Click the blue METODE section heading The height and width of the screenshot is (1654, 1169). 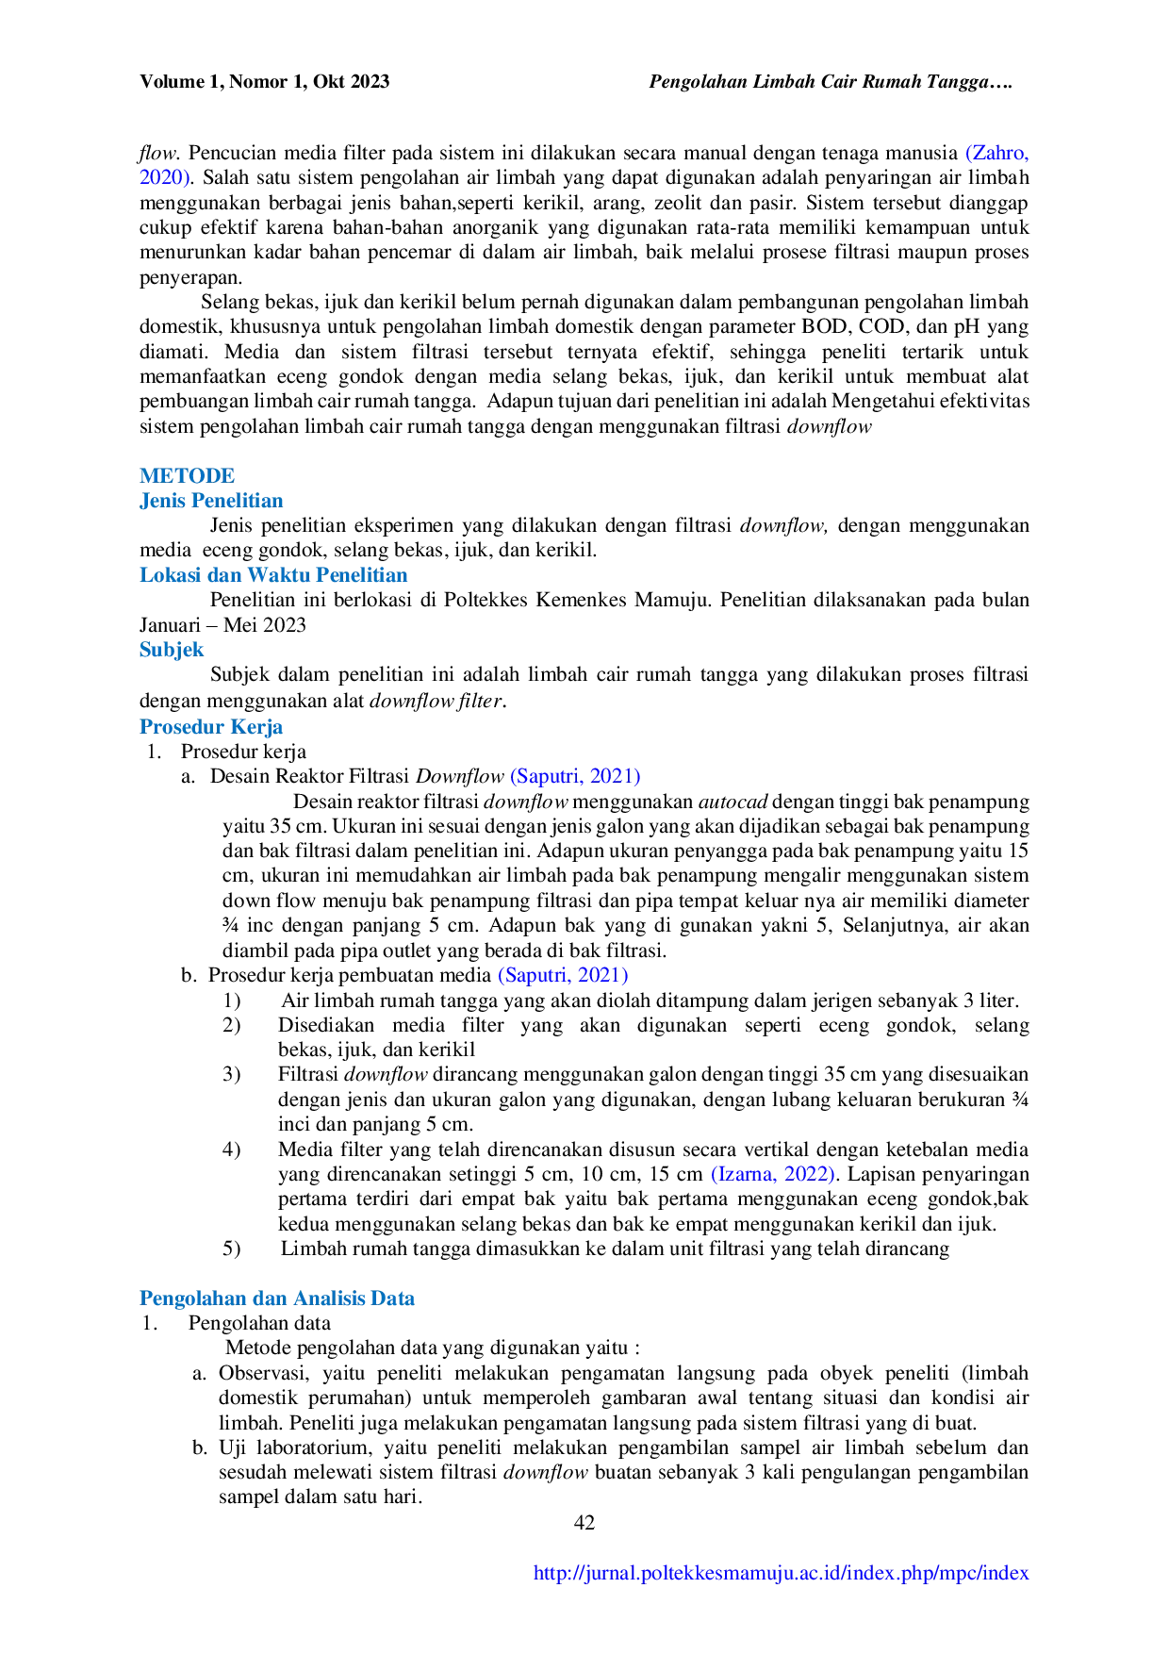pyautogui.click(x=188, y=474)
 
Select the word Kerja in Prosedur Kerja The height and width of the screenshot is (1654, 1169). pyautogui.click(x=259, y=726)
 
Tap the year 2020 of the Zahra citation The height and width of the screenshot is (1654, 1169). pyautogui.click(x=164, y=177)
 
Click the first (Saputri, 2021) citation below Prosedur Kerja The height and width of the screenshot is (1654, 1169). pyautogui.click(x=574, y=776)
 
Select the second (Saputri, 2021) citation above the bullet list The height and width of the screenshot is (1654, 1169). pyautogui.click(x=563, y=976)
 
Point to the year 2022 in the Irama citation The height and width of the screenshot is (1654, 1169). pyautogui.click(x=809, y=1174)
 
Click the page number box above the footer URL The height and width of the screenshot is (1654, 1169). pyautogui.click(x=584, y=1519)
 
